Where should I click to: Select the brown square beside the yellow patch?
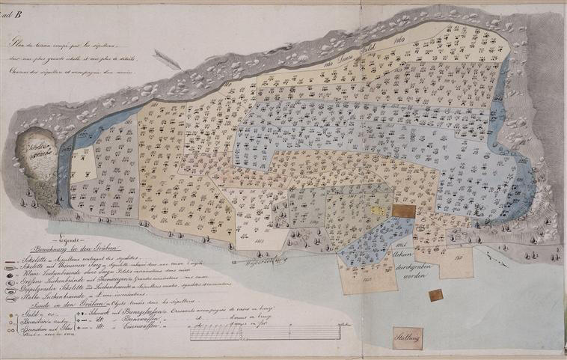(x=403, y=212)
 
